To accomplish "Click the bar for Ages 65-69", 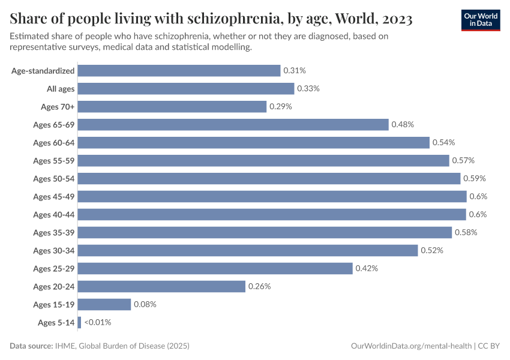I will (233, 124).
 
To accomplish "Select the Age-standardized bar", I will (179, 70).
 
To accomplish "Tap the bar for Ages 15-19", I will (104, 304).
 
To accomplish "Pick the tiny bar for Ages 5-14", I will (79, 322).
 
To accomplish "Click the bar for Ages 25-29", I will (215, 268).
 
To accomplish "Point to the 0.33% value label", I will (308, 88).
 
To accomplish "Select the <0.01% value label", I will (98, 322).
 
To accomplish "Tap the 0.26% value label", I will (260, 286).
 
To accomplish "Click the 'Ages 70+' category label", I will (58, 106).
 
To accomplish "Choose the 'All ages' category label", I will (61, 88).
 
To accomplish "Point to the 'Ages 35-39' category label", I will (54, 232).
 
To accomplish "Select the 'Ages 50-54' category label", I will (54, 178).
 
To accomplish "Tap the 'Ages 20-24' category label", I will (54, 286).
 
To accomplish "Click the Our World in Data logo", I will (481, 19).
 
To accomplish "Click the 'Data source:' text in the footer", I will (32, 346).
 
